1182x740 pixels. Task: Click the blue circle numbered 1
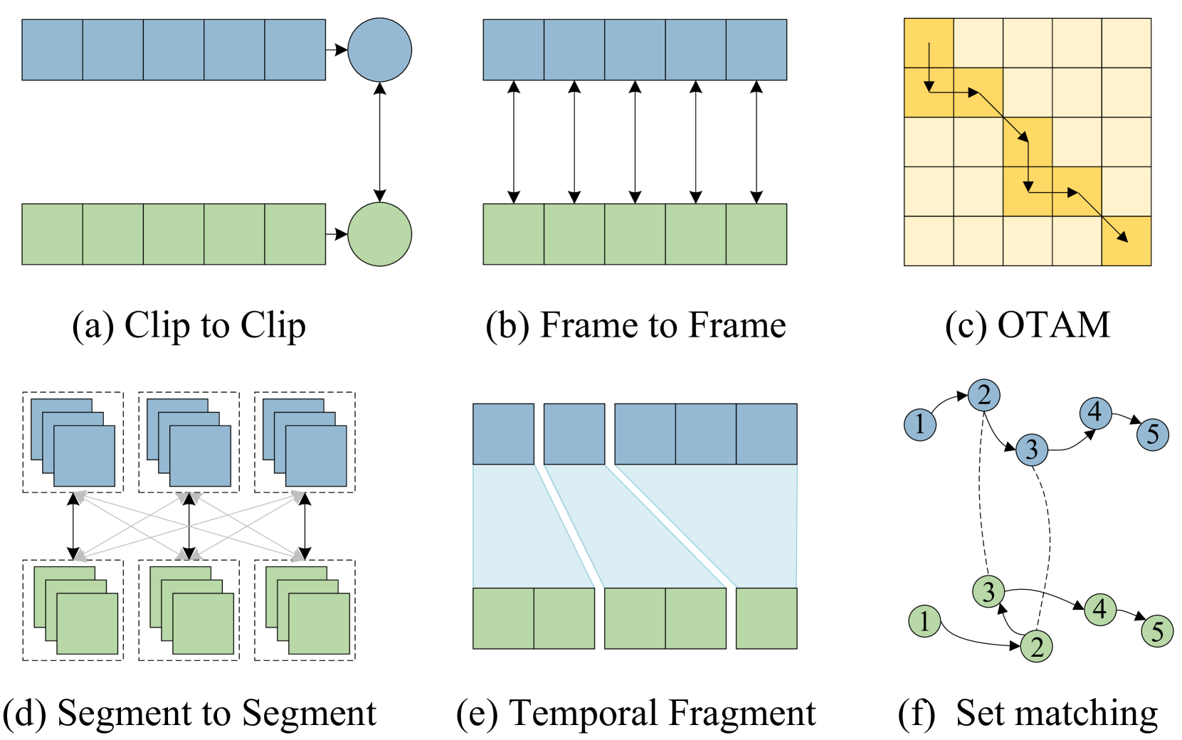(x=920, y=425)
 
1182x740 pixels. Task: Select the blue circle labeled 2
(x=984, y=395)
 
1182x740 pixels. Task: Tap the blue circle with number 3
(x=1032, y=450)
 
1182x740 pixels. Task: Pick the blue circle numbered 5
(x=1153, y=435)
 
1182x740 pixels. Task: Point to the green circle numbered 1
(x=924, y=621)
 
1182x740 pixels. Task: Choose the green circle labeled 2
(x=1037, y=647)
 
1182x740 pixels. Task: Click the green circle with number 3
(x=988, y=591)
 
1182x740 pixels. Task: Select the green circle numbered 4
(x=1100, y=610)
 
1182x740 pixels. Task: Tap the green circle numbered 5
(x=1157, y=631)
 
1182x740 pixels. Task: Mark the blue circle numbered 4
(x=1096, y=413)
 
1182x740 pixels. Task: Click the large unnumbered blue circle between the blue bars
(x=379, y=50)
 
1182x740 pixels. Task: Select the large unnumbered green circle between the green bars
(x=379, y=234)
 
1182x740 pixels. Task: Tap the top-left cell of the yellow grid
(x=929, y=43)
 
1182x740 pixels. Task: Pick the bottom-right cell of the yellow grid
(x=1126, y=240)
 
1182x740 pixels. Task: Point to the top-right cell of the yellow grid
(x=1126, y=43)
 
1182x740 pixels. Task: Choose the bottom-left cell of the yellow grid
(x=929, y=240)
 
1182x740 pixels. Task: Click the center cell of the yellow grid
(x=1028, y=142)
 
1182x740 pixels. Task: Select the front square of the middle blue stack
(x=200, y=456)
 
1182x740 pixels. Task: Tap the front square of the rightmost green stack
(x=319, y=623)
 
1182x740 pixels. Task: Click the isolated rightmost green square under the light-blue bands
(x=766, y=618)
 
